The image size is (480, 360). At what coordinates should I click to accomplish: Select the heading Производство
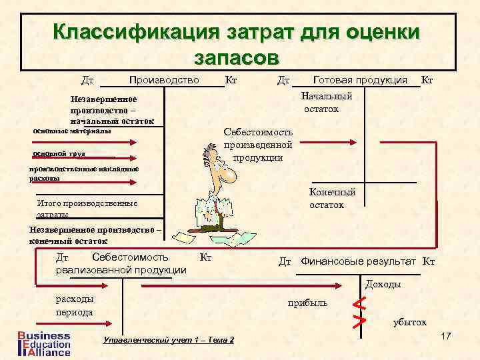click(165, 81)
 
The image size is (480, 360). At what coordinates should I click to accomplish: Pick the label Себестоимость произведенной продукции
click(258, 145)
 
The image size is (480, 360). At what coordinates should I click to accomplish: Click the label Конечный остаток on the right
click(332, 198)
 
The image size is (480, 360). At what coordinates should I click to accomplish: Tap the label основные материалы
click(72, 131)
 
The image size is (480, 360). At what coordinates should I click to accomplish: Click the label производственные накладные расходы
click(84, 173)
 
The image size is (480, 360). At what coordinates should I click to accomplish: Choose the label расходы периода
click(75, 305)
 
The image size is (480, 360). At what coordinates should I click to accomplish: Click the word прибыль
click(307, 303)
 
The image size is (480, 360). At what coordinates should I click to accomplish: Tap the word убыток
click(409, 322)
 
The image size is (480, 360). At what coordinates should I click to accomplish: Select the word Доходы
click(383, 285)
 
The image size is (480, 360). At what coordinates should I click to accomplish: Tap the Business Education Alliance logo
click(44, 343)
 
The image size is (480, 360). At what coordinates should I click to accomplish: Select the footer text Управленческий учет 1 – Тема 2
click(169, 340)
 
